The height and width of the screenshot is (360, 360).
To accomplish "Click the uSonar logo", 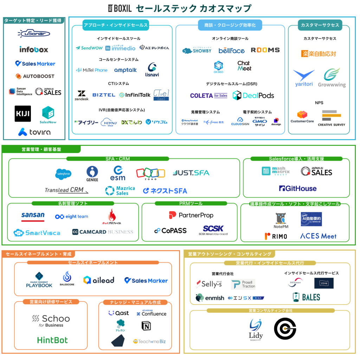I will pos(34,33).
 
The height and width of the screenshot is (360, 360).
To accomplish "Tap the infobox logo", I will pos(34,50).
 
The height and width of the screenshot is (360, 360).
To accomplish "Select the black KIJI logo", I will pos(22,114).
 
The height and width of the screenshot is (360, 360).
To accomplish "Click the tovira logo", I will pos(34,132).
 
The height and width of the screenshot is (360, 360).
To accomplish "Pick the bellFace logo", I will pos(231,51).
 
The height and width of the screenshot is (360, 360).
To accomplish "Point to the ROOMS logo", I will pos(265,50).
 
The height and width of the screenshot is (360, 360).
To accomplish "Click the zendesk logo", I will pos(82,95).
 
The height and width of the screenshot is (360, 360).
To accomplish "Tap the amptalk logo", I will pos(126,70).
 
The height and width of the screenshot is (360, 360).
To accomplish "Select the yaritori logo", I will pos(304,78).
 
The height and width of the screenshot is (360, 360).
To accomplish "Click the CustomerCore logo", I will pos(302,117).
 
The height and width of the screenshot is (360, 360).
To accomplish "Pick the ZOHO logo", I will pos(150,173).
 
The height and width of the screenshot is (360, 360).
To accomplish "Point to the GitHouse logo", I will pos(298,188).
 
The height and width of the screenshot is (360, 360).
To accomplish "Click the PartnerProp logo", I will pos(191,215).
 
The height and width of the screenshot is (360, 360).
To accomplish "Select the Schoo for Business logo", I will pos(51,320).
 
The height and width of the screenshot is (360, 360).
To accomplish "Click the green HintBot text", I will pos(52,340).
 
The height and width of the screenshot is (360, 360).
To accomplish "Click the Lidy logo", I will pos(256,329).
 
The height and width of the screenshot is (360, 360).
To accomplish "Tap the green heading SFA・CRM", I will pos(117,159).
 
